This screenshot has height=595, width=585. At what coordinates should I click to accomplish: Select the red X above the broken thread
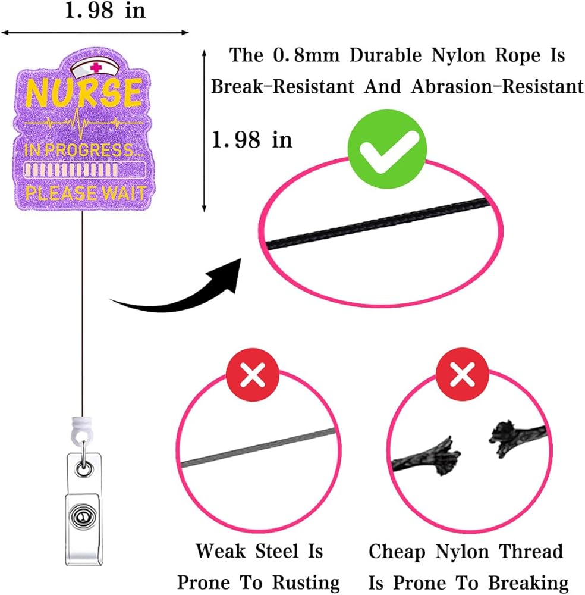462,376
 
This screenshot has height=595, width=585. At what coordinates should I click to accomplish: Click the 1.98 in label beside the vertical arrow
253,140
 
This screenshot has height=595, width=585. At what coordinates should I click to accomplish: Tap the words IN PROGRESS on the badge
83,151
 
